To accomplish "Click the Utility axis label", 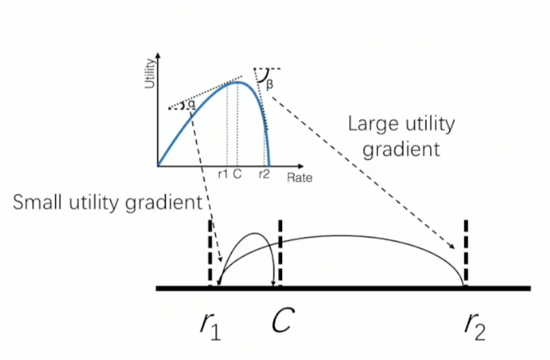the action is tap(151, 75).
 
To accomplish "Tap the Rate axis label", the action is tap(299, 178).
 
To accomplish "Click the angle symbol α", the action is tap(191, 105).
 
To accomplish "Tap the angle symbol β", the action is tap(270, 84).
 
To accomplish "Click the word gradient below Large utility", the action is tap(401, 150).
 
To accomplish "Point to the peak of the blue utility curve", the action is tap(237, 82).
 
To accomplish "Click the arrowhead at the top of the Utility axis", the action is tap(158, 56).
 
